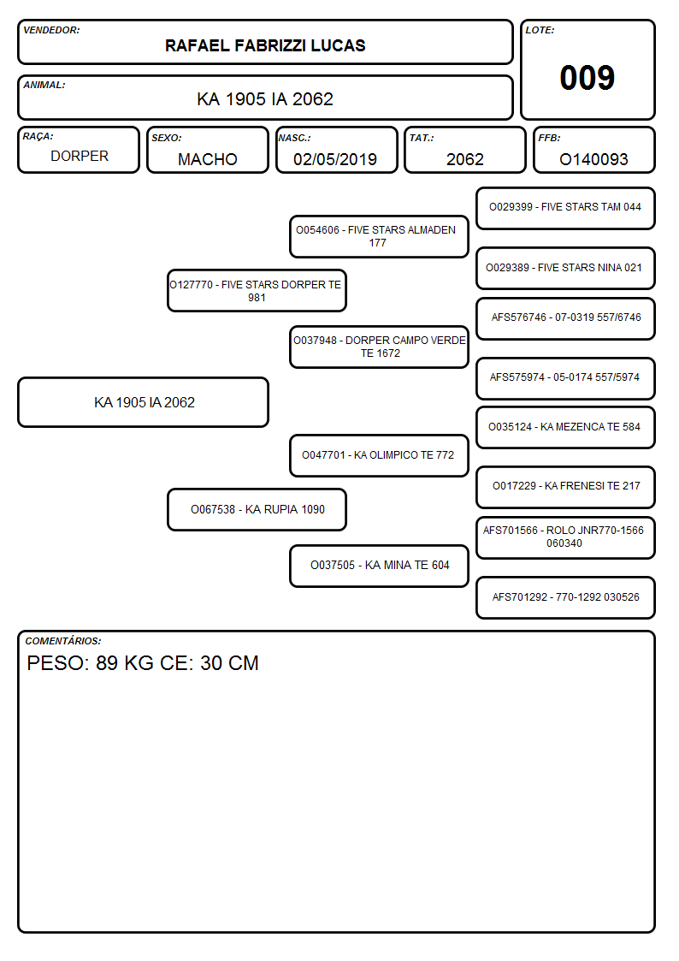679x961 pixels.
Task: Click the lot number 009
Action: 587,78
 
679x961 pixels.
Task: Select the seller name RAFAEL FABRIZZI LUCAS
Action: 265,45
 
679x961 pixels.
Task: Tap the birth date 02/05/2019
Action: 335,159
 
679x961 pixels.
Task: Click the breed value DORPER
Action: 80,157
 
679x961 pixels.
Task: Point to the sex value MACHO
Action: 208,159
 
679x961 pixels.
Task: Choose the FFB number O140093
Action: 593,159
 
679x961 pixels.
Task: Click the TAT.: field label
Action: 422,138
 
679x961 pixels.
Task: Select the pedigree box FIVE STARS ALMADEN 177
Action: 379,236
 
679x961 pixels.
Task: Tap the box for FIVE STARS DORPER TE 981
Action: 257,291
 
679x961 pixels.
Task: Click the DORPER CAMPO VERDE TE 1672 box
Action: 379,347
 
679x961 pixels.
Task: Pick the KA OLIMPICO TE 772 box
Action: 379,455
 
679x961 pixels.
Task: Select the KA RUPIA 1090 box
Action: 257,509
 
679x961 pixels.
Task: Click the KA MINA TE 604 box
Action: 379,566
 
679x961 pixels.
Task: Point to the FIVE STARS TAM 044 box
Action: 565,209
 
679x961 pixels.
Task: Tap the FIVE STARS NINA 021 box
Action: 565,269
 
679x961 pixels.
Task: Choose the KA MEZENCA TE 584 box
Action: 565,427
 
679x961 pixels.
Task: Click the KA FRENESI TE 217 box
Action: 565,487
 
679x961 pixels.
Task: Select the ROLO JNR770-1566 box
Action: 565,538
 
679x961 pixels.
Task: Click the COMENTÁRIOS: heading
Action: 63,641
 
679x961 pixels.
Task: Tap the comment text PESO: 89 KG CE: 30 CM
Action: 143,663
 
